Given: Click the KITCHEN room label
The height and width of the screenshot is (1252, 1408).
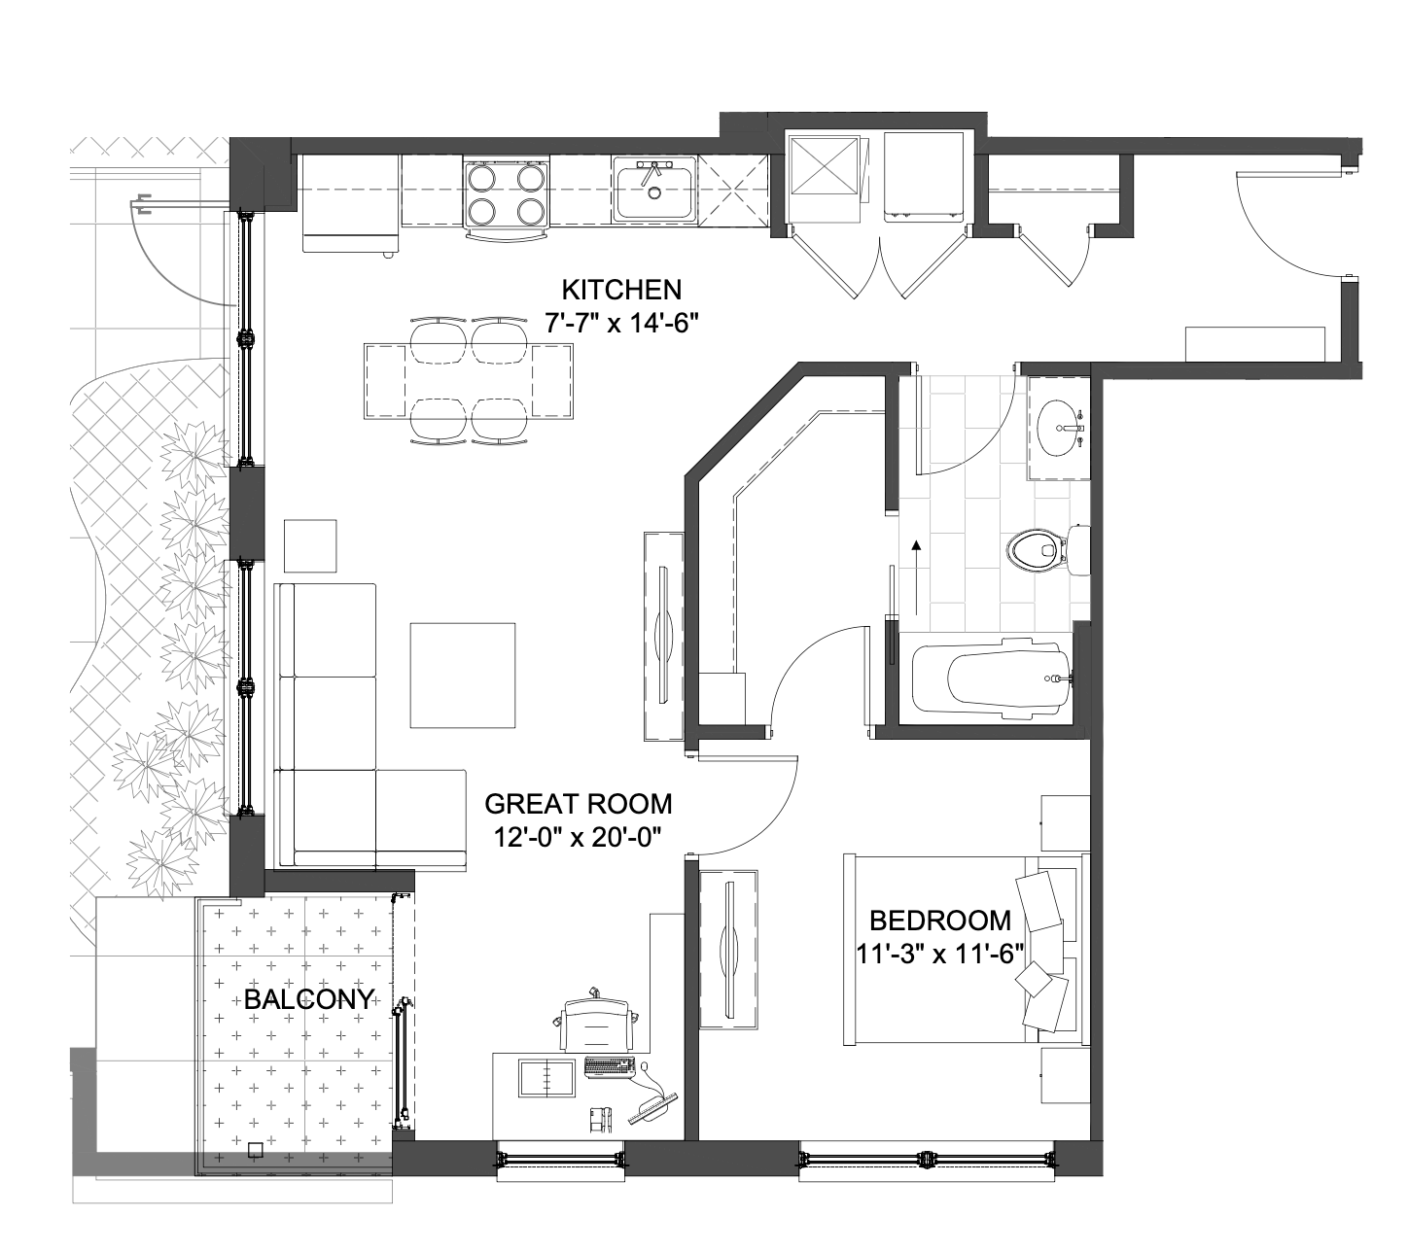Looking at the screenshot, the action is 621,290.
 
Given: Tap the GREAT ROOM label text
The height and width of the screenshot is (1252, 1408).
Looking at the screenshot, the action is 579,804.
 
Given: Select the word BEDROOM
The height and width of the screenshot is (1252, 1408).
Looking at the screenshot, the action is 940,921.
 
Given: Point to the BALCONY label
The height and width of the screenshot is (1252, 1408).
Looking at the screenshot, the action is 309,999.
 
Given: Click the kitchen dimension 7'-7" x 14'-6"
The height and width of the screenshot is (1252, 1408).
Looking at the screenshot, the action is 621,323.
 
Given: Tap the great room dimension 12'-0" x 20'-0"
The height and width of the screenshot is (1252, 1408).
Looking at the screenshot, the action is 577,838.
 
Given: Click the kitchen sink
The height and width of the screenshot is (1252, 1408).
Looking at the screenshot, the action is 653,189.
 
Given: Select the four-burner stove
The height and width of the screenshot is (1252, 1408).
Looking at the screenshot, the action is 506,194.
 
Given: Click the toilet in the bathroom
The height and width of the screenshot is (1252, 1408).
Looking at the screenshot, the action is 1046,550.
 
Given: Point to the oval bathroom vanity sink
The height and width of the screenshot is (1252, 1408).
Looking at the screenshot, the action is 1060,428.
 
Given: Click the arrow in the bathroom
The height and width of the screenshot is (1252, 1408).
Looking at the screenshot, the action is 917,577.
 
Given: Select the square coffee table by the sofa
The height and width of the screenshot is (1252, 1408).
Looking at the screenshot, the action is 462,676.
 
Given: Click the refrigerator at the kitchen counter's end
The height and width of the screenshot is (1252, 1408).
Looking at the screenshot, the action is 351,203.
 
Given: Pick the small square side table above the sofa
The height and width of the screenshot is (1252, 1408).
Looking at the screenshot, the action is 310,545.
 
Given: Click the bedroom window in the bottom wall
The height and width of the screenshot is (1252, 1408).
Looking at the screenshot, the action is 927,1160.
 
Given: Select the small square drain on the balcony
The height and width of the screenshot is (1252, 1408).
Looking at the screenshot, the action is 255,1149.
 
